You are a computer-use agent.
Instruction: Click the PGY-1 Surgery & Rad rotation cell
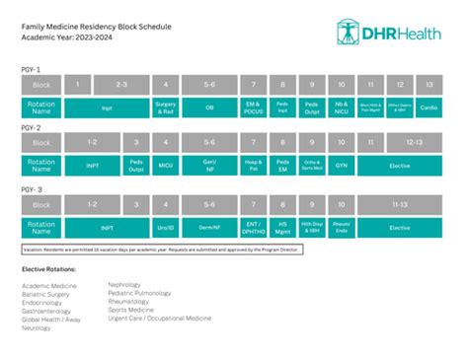[x=166, y=108]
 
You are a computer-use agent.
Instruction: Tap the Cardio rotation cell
[x=429, y=108]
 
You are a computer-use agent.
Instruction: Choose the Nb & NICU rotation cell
[x=342, y=108]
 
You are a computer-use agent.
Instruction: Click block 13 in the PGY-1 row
[x=429, y=84]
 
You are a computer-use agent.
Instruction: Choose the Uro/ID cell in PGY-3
[x=166, y=228]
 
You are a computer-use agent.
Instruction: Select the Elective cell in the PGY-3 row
[x=400, y=228]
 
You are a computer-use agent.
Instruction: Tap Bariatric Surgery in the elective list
[x=47, y=294]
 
